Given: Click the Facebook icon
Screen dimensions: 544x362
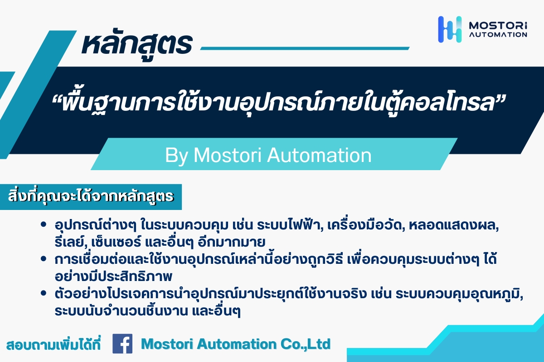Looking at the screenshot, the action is pyautogui.click(x=122, y=343).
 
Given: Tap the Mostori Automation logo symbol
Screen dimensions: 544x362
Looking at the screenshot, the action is pyautogui.click(x=450, y=29).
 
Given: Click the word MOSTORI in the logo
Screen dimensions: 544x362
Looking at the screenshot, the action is pyautogui.click(x=498, y=26).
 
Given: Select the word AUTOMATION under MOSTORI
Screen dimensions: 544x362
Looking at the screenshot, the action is pyautogui.click(x=498, y=35).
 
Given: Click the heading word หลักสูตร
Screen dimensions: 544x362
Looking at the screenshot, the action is pyautogui.click(x=137, y=44).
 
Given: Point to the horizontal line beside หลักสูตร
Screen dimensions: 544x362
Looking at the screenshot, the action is pyautogui.click(x=305, y=48).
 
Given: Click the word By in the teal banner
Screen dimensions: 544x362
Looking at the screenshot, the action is pyautogui.click(x=176, y=155).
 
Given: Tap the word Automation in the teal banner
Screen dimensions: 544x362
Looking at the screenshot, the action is pyautogui.click(x=319, y=155).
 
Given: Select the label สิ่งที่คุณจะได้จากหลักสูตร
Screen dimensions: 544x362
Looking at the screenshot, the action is pyautogui.click(x=91, y=196).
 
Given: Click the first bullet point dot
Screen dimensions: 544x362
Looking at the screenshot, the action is pyautogui.click(x=44, y=224).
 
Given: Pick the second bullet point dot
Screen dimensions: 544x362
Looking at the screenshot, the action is pyautogui.click(x=44, y=259).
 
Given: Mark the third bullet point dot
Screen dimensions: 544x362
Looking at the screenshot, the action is pyautogui.click(x=44, y=293).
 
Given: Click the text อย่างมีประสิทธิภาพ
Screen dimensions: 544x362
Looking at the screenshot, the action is pyautogui.click(x=113, y=276).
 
